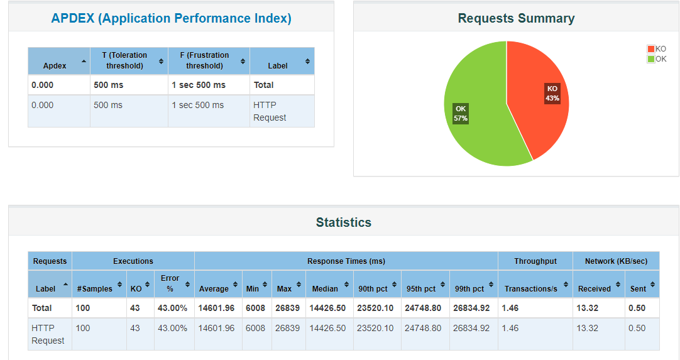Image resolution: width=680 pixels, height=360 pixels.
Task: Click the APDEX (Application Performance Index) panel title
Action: (171, 18)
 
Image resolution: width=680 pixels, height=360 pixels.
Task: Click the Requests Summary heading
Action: (516, 18)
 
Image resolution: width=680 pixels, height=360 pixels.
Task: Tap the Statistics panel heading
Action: (343, 222)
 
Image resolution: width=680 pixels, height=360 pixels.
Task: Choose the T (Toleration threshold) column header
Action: (124, 60)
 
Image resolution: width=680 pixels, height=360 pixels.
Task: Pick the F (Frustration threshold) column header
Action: (204, 60)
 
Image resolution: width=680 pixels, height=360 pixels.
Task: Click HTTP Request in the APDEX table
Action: (270, 111)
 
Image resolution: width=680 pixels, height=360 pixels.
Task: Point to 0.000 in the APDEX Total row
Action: (43, 85)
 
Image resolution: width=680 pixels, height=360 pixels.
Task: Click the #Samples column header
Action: (94, 288)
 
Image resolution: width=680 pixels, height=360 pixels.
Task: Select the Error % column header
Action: (170, 283)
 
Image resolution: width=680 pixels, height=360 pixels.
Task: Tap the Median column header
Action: (325, 288)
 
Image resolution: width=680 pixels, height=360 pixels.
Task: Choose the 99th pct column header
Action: (469, 288)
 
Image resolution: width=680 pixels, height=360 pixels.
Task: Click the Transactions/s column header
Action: (530, 288)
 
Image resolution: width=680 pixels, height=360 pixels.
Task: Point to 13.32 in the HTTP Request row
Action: (588, 328)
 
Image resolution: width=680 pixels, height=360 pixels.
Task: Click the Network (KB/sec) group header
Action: (616, 261)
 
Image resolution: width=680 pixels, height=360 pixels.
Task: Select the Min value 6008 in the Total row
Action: (255, 308)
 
